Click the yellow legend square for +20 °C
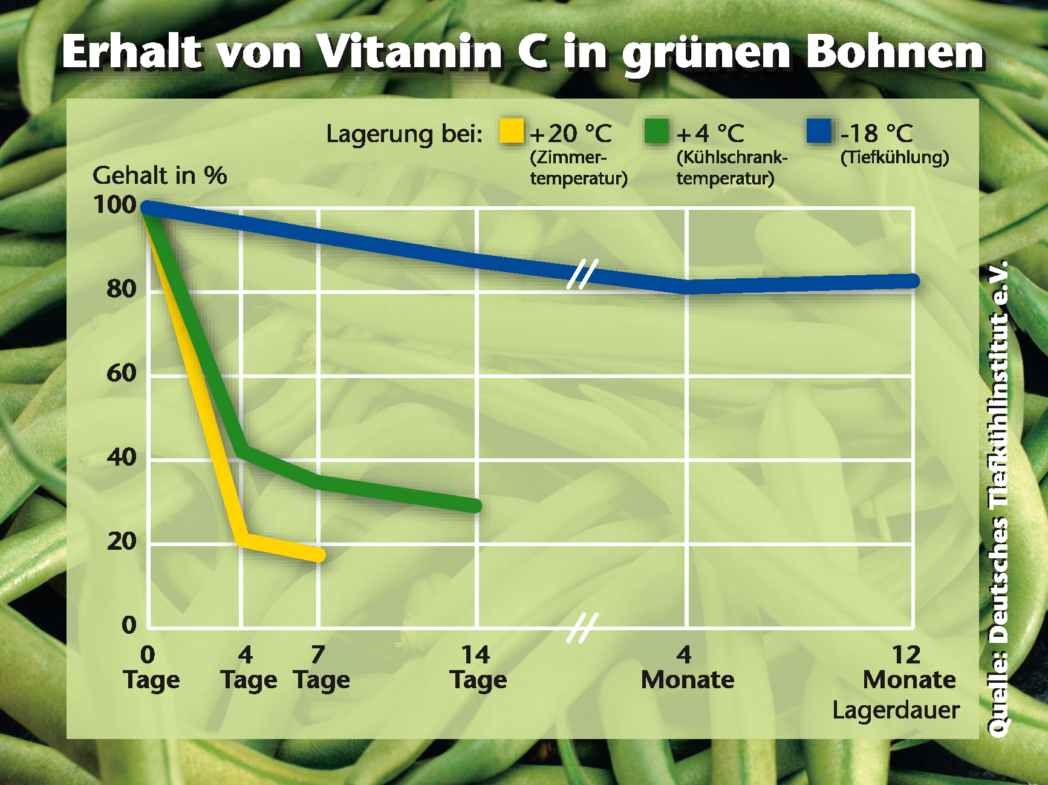pyautogui.click(x=511, y=131)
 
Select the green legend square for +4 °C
pyautogui.click(x=657, y=131)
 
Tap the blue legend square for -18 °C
pyautogui.click(x=819, y=131)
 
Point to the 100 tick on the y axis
pyautogui.click(x=115, y=205)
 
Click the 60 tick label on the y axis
pyautogui.click(x=122, y=373)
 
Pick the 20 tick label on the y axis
pyautogui.click(x=122, y=541)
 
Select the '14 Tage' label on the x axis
pyautogui.click(x=478, y=667)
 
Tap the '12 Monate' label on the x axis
pyautogui.click(x=908, y=667)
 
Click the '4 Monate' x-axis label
pyautogui.click(x=687, y=667)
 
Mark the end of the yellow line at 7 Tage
pyautogui.click(x=319, y=554)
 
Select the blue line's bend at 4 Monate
pyautogui.click(x=688, y=286)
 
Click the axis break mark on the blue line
pyautogui.click(x=582, y=274)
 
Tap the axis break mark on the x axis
pyautogui.click(x=582, y=628)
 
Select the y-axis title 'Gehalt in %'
pyautogui.click(x=160, y=175)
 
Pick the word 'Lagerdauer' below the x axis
pyautogui.click(x=896, y=710)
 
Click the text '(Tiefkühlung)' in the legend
pyautogui.click(x=894, y=157)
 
